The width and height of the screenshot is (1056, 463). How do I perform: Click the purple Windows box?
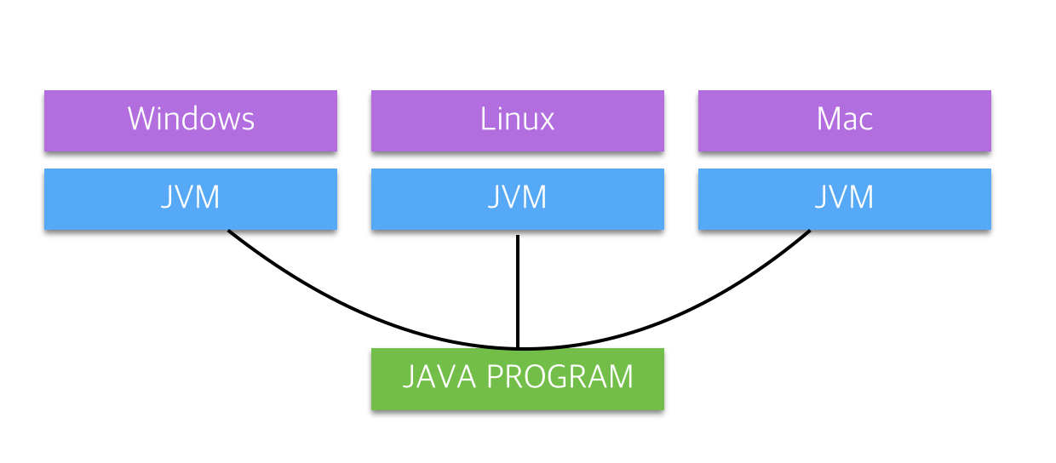pos(191,120)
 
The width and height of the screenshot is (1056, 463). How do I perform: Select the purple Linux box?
pos(517,120)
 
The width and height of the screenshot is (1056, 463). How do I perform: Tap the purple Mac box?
pos(844,120)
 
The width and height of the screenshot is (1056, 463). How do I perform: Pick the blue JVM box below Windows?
pos(191,198)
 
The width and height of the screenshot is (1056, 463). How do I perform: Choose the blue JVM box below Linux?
pos(517,198)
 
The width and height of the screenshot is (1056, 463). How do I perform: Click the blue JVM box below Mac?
pos(844,198)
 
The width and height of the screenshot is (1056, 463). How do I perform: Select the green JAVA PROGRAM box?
pos(517,378)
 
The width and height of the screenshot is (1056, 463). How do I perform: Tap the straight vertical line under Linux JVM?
pos(517,289)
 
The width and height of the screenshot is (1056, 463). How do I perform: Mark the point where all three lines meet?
pos(517,348)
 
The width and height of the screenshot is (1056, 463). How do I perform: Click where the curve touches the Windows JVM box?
pos(229,231)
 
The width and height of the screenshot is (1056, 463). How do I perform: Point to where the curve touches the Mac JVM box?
pos(809,231)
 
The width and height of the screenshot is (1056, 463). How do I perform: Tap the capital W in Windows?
pos(142,119)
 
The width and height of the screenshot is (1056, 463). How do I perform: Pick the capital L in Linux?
pos(486,119)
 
